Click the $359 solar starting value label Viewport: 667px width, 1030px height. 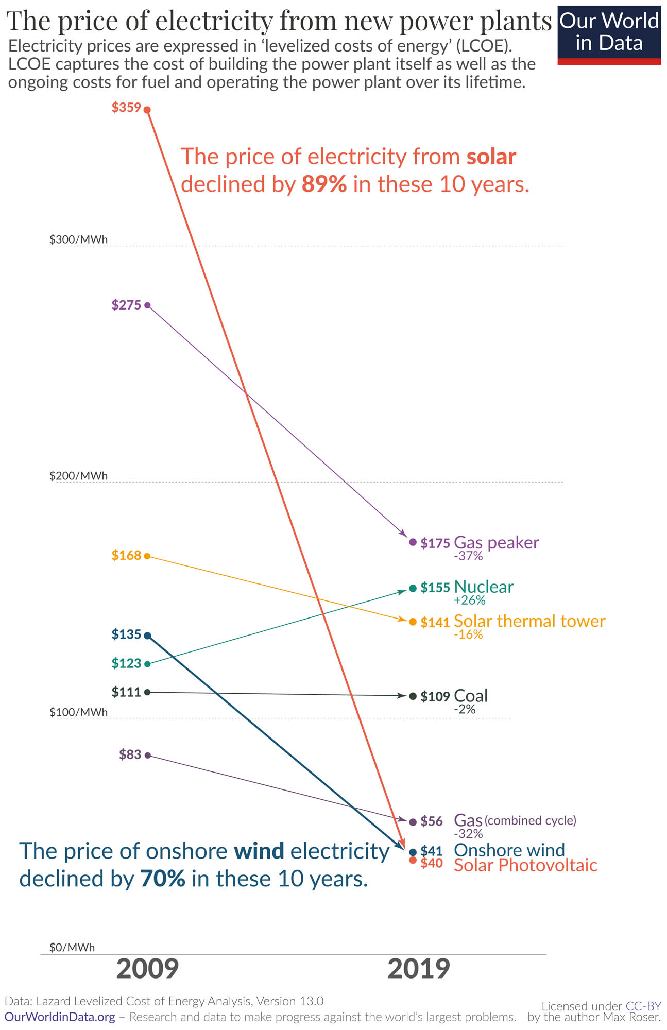pos(126,108)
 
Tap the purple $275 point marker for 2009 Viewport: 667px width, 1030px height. pos(147,305)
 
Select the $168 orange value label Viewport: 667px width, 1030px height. pos(126,555)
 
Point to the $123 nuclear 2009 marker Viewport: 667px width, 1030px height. pos(147,664)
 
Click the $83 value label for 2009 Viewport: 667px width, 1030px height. pos(130,754)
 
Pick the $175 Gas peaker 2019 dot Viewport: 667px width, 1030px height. pos(413,542)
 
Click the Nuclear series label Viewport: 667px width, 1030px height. pos(484,587)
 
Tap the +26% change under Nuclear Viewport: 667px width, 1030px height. pos(469,600)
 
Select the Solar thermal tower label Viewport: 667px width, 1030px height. pos(529,621)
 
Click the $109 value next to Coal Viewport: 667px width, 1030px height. pos(435,697)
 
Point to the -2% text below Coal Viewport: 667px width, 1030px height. pos(464,710)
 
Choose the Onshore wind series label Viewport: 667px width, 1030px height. pos(509,850)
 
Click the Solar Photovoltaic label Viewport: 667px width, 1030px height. pos(525,865)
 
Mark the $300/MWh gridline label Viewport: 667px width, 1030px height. pos(78,239)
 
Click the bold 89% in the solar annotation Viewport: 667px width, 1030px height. pos(324,184)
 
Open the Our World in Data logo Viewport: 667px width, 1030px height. pos(609,34)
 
